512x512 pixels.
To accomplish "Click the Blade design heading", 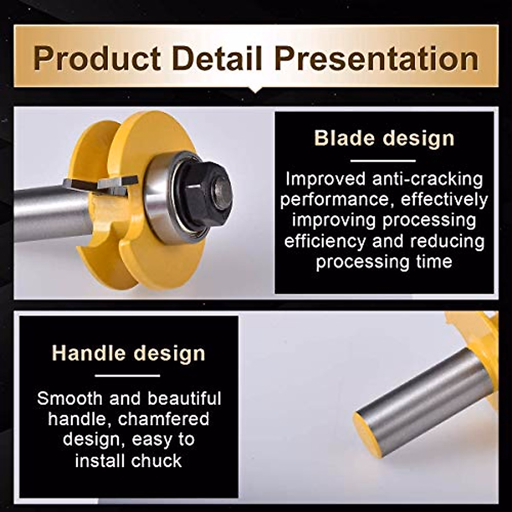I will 384,138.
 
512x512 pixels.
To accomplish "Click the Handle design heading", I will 128,353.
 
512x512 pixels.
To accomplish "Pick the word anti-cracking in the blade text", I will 428,179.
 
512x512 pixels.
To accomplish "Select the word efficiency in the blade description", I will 325,241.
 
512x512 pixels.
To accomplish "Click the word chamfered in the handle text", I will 164,419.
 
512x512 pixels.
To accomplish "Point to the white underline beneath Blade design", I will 383,161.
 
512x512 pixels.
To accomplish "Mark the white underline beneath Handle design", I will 127,375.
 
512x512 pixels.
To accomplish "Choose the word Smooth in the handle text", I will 70,399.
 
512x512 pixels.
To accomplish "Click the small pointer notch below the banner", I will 256,90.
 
